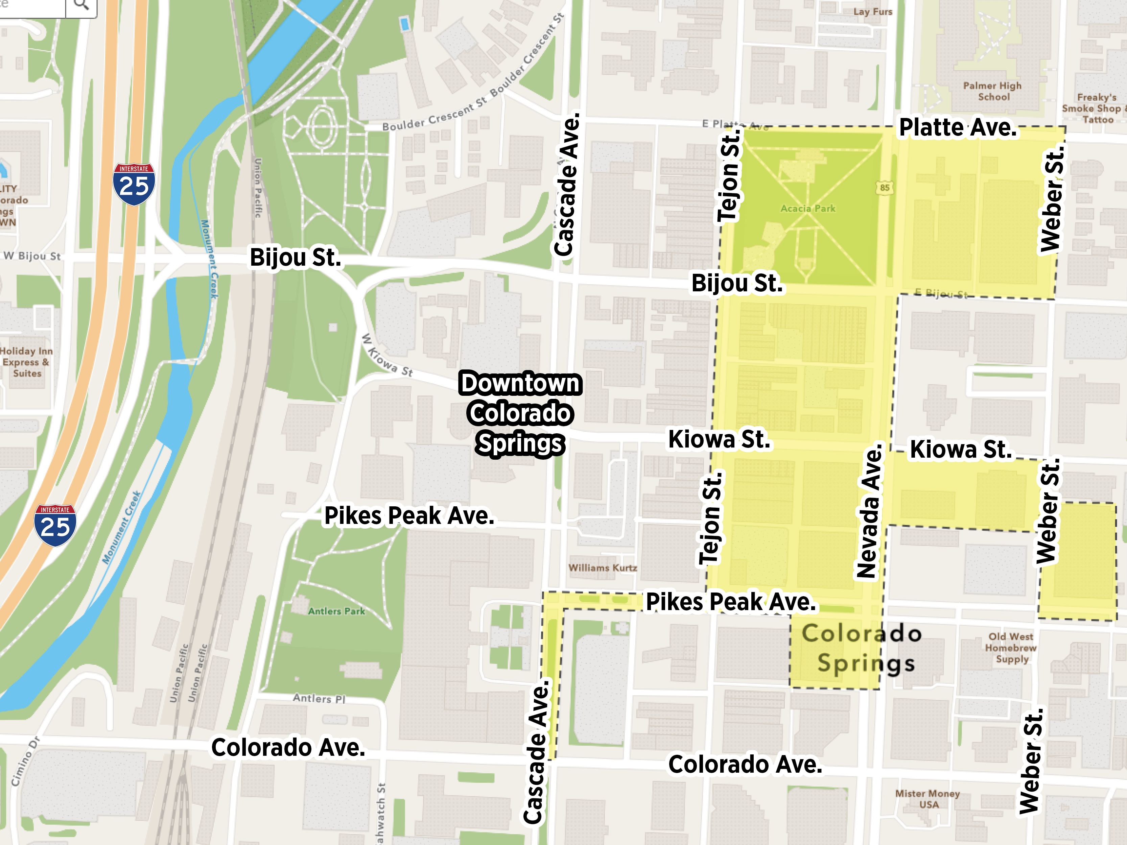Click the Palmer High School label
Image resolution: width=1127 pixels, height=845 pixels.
point(992,91)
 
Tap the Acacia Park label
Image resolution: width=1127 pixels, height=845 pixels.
point(808,208)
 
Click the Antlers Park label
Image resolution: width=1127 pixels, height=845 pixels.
point(336,611)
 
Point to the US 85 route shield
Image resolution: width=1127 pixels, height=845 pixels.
point(885,188)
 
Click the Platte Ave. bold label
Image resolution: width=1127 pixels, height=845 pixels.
point(957,127)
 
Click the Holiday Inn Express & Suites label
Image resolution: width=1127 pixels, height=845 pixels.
point(26,362)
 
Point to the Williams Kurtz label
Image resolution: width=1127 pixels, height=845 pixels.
point(603,568)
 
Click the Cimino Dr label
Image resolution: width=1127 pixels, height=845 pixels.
point(24,762)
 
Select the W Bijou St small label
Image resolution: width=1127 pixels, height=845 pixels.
point(32,256)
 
